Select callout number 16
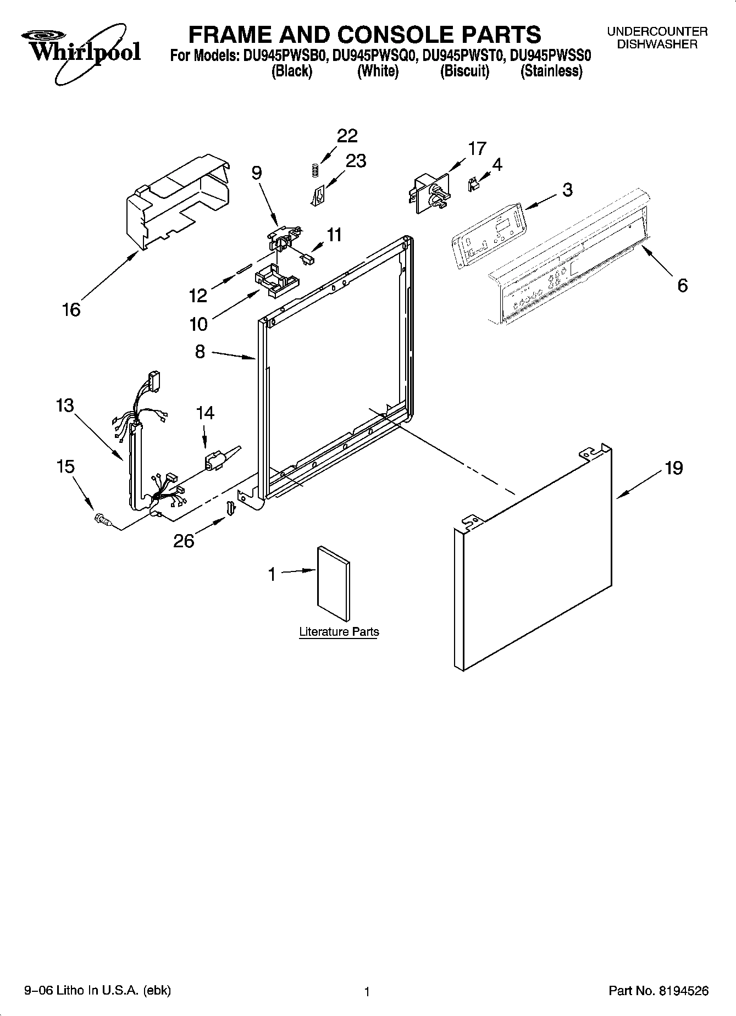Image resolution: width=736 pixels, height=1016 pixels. click(x=71, y=309)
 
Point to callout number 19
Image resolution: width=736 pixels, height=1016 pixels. click(x=673, y=468)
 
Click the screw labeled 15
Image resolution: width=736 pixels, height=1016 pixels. click(x=102, y=519)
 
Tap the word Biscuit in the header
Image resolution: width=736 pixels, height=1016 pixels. click(x=464, y=71)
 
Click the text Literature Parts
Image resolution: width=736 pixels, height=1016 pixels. click(x=339, y=632)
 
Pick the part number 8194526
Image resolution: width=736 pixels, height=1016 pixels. click(x=682, y=991)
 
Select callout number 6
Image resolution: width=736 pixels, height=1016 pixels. click(x=682, y=285)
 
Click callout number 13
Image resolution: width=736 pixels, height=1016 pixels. click(x=64, y=406)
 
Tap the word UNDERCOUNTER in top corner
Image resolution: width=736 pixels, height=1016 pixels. click(x=657, y=32)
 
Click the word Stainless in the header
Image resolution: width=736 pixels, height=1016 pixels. click(x=551, y=71)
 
